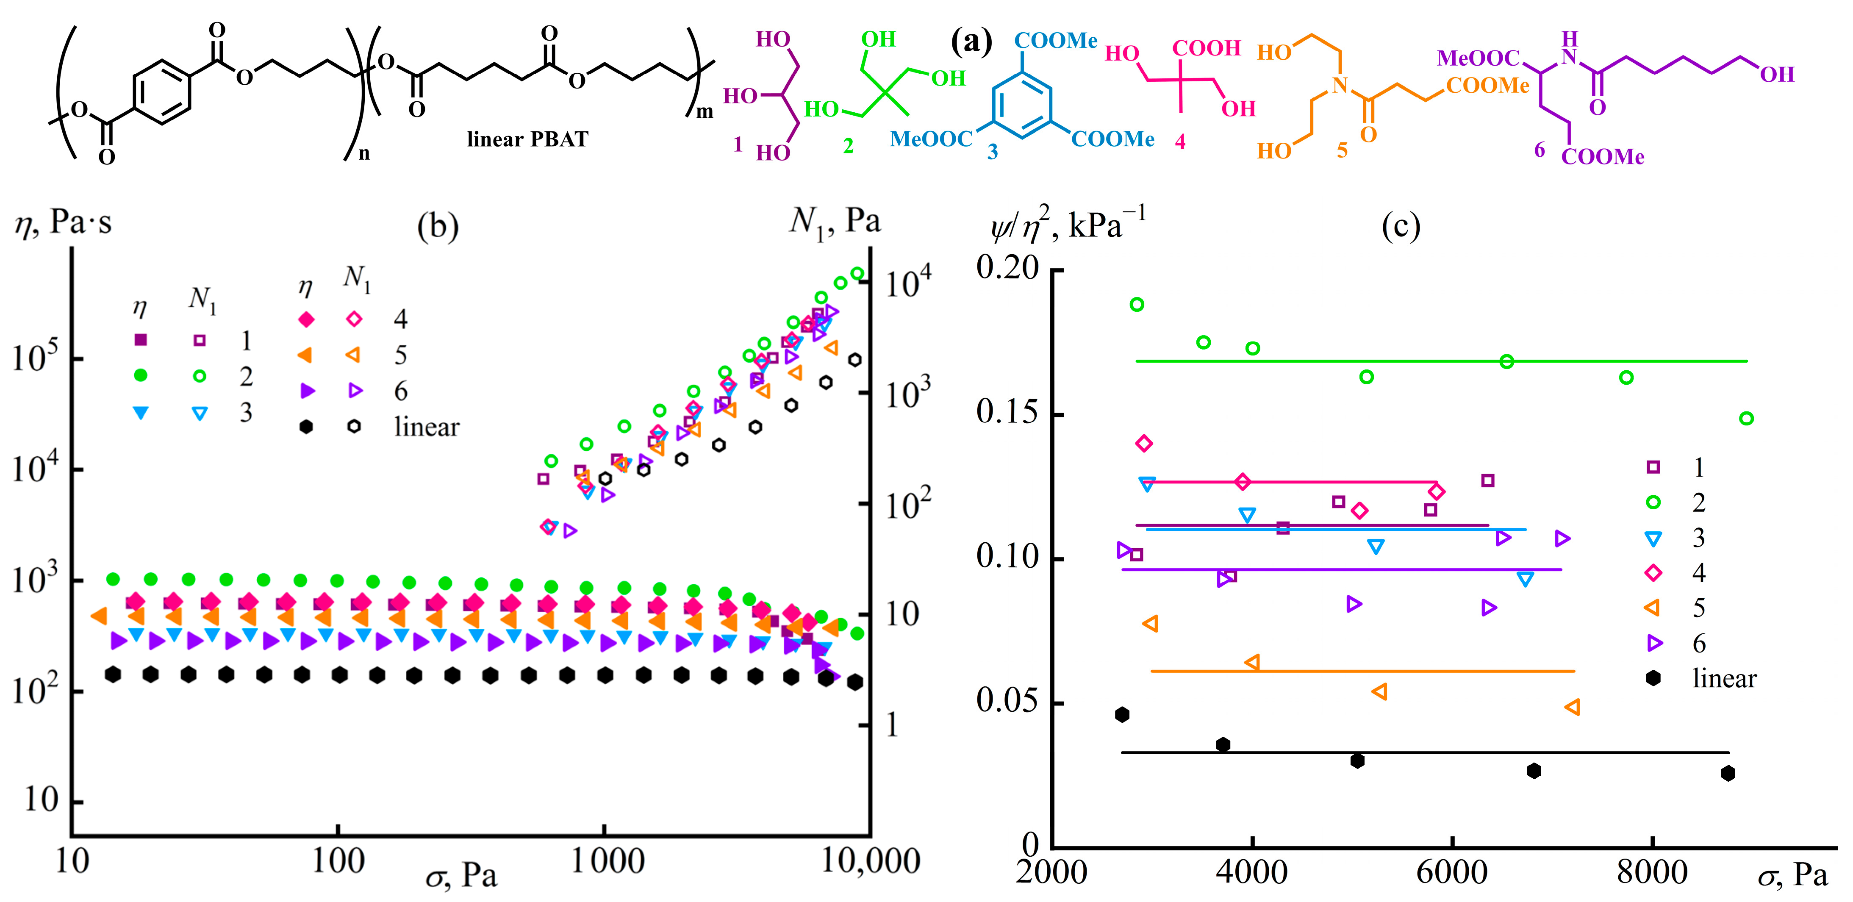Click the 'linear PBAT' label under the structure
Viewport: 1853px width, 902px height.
tap(527, 139)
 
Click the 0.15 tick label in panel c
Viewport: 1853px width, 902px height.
tap(1007, 412)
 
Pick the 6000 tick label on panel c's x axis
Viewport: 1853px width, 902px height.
tap(1452, 872)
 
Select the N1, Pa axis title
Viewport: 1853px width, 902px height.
tap(835, 222)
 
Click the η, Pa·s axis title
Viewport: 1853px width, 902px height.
tap(63, 223)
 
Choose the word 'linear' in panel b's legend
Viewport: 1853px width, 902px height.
tap(427, 427)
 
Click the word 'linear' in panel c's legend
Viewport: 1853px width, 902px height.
tap(1724, 678)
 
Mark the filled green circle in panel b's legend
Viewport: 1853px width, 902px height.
tap(141, 375)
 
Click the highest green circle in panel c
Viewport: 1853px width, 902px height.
tap(1137, 304)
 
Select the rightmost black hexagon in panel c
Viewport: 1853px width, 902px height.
tap(1728, 773)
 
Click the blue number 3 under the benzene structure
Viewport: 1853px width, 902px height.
tap(993, 152)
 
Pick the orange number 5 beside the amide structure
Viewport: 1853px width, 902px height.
tap(1342, 150)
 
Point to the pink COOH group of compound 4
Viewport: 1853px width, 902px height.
tap(1207, 48)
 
